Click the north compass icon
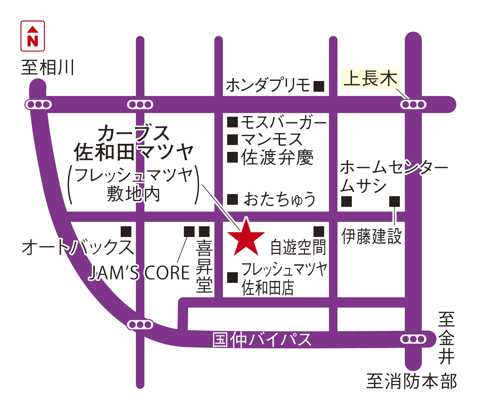click(33, 36)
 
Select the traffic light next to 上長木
click(413, 104)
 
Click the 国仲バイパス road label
click(262, 340)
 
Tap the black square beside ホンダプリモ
click(319, 86)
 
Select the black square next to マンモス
click(232, 140)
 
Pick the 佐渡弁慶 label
click(277, 158)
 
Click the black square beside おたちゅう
click(232, 199)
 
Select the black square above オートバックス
click(126, 231)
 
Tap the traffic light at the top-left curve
click(38, 104)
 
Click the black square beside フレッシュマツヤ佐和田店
click(232, 277)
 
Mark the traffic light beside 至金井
click(413, 339)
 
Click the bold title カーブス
click(134, 134)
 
